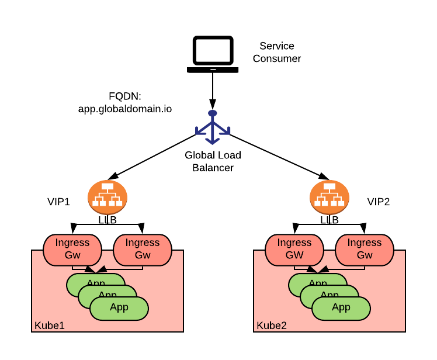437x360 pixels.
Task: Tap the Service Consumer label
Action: [x=277, y=52]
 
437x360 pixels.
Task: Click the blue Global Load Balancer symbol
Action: [x=213, y=126]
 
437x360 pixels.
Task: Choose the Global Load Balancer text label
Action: [x=213, y=161]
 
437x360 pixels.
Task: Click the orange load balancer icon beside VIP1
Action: [x=107, y=197]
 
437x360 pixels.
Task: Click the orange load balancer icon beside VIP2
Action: [x=330, y=197]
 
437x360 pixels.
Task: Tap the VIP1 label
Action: [x=58, y=202]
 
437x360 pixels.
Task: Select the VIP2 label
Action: [x=379, y=202]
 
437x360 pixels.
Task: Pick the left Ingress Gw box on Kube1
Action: [x=72, y=250]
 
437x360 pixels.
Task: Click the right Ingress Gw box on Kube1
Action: [x=143, y=250]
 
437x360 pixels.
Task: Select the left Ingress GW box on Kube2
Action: [x=294, y=250]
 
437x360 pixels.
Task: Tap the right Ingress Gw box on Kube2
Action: [x=365, y=250]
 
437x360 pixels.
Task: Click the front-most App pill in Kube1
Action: [x=119, y=307]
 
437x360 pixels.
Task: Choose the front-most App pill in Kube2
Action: [x=341, y=307]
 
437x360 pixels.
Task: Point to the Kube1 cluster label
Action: [x=49, y=325]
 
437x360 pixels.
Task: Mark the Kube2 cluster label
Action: [x=272, y=325]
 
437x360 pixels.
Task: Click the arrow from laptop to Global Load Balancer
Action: [x=213, y=91]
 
